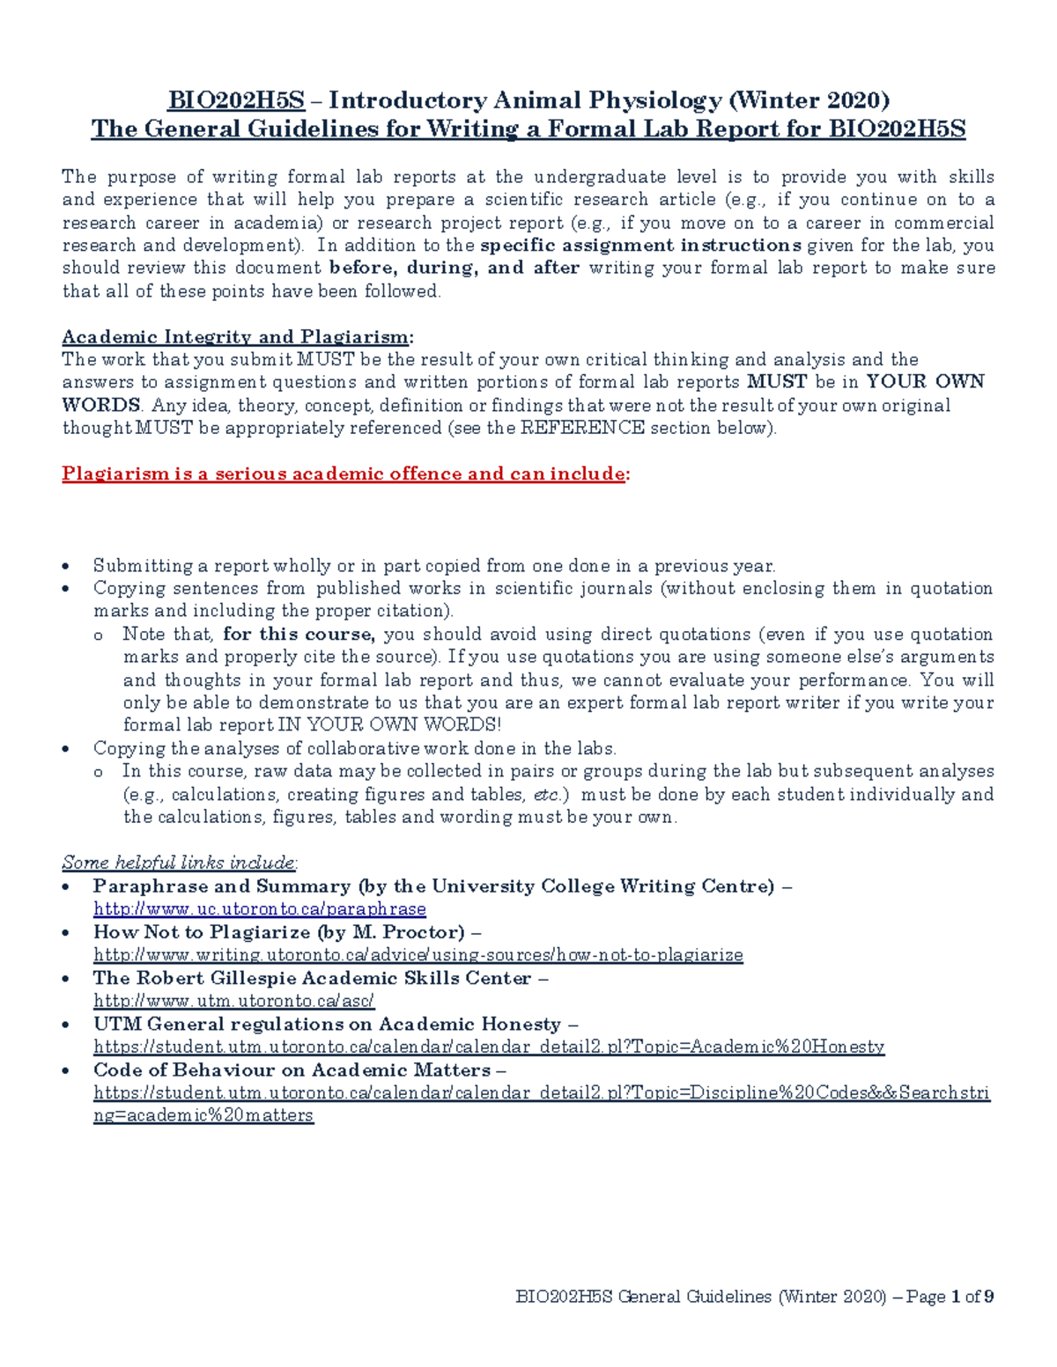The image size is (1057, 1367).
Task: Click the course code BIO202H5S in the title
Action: pyautogui.click(x=236, y=100)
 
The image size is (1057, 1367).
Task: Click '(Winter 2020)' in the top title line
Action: pyautogui.click(x=809, y=100)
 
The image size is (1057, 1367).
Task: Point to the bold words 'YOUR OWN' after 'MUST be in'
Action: pyautogui.click(x=925, y=382)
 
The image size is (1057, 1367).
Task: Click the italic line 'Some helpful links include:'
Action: pyautogui.click(x=180, y=863)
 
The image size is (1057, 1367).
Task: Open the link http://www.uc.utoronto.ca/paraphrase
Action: pyautogui.click(x=260, y=909)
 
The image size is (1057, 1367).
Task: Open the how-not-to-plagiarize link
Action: pyautogui.click(x=418, y=955)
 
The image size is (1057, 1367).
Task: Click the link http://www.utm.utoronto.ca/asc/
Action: pyautogui.click(x=234, y=1001)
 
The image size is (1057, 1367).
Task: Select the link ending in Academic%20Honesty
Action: pyautogui.click(x=489, y=1047)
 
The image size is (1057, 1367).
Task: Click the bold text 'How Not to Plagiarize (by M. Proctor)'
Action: pyautogui.click(x=279, y=932)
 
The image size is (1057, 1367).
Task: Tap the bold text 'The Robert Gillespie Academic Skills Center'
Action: pyautogui.click(x=313, y=978)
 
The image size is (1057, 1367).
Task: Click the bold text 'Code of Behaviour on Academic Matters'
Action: pyautogui.click(x=292, y=1069)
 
